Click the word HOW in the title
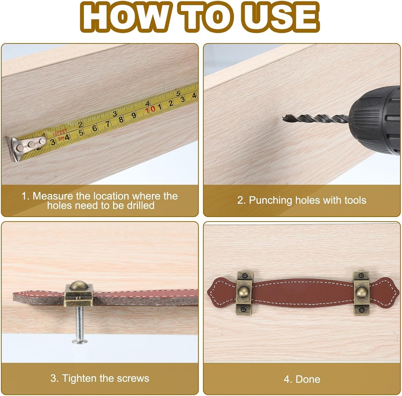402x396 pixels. [126, 17]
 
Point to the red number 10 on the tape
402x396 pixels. [150, 110]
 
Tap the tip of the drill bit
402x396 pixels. [283, 118]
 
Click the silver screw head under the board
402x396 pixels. [80, 341]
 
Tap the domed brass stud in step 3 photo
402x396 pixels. [79, 285]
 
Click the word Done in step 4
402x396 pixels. [308, 380]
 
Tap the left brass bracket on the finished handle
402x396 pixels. [244, 292]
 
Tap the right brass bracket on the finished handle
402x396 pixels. [361, 293]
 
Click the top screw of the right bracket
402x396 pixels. [361, 276]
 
